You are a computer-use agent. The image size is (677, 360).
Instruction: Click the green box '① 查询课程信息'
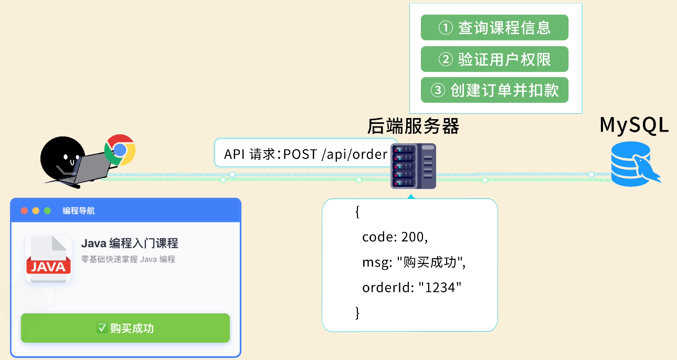coord(494,27)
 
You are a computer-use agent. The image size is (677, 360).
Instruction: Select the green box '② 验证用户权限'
coord(494,59)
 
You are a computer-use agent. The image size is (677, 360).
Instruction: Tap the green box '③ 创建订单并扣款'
coord(494,90)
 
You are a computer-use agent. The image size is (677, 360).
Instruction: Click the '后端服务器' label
coord(413,126)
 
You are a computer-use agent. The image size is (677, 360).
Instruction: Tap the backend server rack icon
coord(413,166)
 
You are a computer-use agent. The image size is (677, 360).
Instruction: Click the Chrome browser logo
coord(120,150)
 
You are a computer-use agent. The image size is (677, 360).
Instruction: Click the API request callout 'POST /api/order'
coord(305,154)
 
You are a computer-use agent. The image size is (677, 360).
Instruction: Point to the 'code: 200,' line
coord(395,237)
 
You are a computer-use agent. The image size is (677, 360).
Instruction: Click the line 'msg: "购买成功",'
coord(414,262)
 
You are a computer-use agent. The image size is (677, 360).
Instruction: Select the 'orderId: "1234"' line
coord(411,288)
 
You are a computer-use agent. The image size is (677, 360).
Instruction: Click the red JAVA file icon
coord(49,260)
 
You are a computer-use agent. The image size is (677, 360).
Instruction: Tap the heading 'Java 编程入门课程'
coord(130,243)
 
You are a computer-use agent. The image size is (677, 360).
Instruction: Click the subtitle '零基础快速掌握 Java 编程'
coord(128,259)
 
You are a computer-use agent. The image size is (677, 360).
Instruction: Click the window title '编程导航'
coord(79,211)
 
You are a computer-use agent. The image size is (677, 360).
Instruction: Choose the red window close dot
coord(24,211)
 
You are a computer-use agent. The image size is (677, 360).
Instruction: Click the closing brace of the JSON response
coord(358,313)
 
